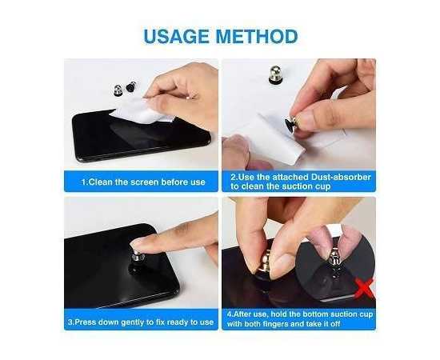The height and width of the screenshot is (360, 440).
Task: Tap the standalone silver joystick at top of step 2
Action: click(275, 75)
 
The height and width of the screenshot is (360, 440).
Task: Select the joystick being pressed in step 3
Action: click(138, 259)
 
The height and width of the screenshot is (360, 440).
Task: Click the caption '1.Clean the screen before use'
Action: click(142, 182)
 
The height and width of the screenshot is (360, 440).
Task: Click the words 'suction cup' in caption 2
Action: click(303, 187)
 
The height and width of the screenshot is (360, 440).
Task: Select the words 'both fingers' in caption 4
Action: click(273, 327)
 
